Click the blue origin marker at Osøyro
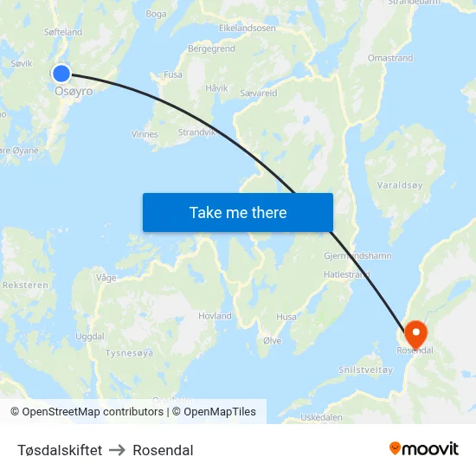(x=61, y=74)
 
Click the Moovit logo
(x=423, y=448)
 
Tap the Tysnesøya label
(x=129, y=353)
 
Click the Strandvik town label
(x=196, y=132)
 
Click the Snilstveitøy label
(x=366, y=370)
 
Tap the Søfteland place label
(x=63, y=32)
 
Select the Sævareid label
(x=258, y=93)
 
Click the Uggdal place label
(x=90, y=336)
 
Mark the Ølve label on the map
(x=272, y=341)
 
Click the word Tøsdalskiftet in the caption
(x=60, y=450)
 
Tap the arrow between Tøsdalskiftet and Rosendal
(x=118, y=450)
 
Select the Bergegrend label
(x=211, y=49)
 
